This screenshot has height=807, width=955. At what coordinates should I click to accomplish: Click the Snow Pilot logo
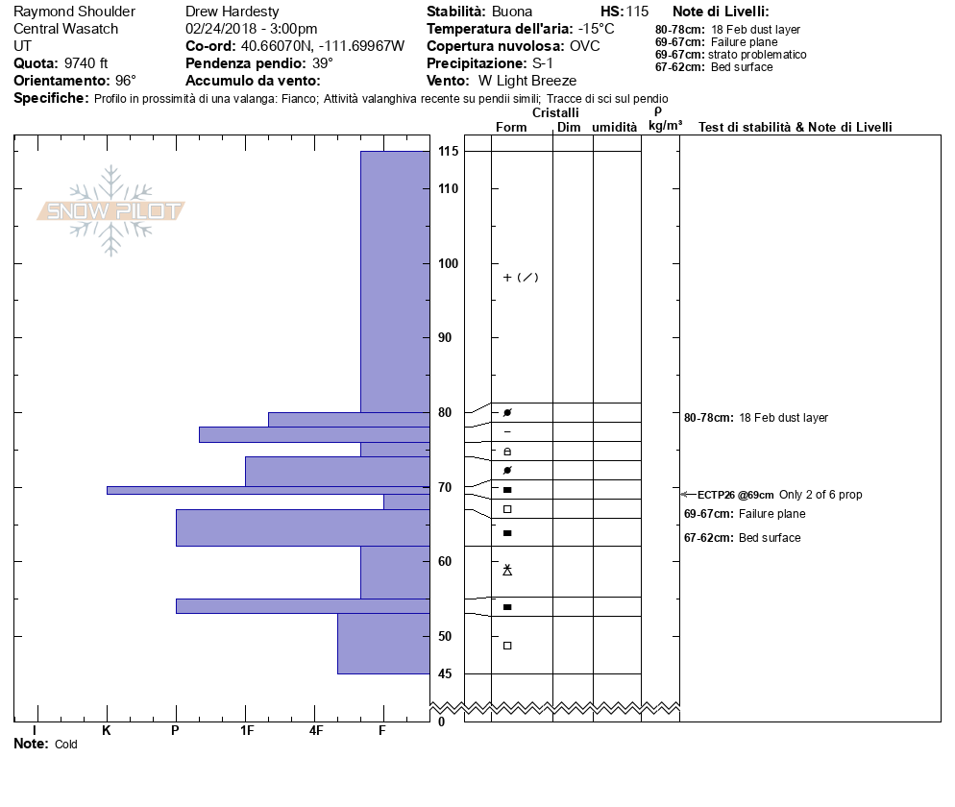point(111,210)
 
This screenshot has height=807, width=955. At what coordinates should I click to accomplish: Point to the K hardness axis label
point(107,730)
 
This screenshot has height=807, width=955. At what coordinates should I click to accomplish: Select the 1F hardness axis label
point(246,730)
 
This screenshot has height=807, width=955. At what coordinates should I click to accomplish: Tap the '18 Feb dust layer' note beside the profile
point(783,418)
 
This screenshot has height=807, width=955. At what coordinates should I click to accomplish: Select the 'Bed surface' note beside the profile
point(770,538)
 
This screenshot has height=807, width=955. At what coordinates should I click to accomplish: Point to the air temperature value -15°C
point(596,29)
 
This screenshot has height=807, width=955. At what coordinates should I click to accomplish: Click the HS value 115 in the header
point(637,12)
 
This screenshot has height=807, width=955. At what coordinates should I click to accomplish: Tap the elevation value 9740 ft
point(86,63)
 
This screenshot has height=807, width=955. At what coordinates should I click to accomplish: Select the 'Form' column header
point(511,128)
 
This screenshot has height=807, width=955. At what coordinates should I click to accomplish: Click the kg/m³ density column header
point(665,126)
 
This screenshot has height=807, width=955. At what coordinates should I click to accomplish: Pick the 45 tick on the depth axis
point(446,673)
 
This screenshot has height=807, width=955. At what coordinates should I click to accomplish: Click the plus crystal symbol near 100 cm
point(507,278)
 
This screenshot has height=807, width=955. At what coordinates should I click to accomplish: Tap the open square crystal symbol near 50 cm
point(507,645)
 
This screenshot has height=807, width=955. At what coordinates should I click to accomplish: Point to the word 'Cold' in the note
point(65,745)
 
